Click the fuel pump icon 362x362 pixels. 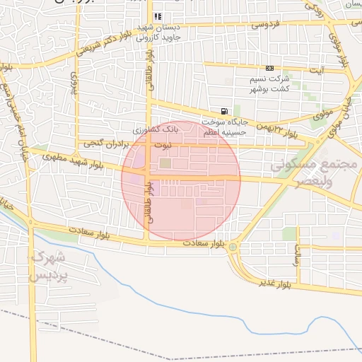pyautogui.click(x=224, y=111)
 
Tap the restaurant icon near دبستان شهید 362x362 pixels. pyautogui.click(x=157, y=16)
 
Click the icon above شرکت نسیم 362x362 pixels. pyautogui.click(x=269, y=68)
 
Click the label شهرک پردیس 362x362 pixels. pyautogui.click(x=48, y=265)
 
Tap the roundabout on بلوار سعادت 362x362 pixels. pyautogui.click(x=233, y=247)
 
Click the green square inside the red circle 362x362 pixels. pyautogui.click(x=165, y=164)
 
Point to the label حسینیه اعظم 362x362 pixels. pyautogui.click(x=224, y=132)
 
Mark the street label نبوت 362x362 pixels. pyautogui.click(x=163, y=146)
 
